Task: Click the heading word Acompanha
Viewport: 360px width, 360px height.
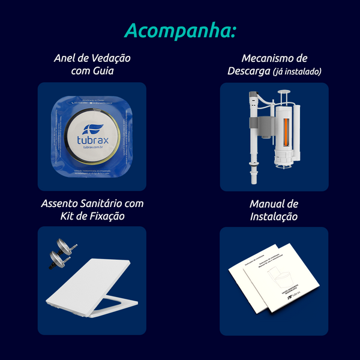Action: (x=180, y=30)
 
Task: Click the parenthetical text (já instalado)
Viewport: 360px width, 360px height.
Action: (x=297, y=72)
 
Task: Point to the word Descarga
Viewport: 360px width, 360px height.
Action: (x=248, y=71)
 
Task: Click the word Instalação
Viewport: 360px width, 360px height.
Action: (x=274, y=217)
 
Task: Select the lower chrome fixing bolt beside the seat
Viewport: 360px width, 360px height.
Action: (x=58, y=260)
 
